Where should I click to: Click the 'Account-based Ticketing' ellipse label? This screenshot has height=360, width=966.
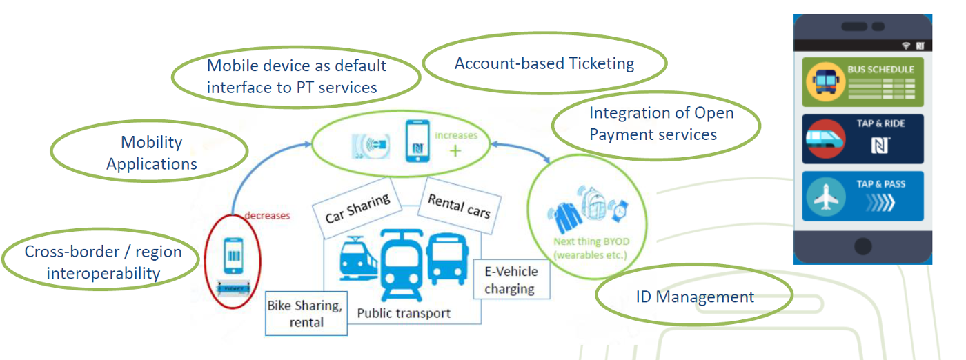click(x=544, y=63)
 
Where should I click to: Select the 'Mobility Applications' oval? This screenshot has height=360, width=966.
click(x=151, y=152)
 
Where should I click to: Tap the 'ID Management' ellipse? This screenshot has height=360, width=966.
click(x=694, y=297)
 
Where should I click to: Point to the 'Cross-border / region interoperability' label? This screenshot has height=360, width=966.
click(x=103, y=262)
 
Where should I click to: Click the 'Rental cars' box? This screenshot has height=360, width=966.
click(x=459, y=206)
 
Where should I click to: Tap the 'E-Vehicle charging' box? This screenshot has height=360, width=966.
click(x=511, y=279)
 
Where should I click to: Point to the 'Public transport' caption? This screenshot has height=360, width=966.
click(x=404, y=313)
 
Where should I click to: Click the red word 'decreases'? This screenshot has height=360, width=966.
click(x=267, y=215)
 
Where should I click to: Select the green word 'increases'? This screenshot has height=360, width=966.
click(x=455, y=135)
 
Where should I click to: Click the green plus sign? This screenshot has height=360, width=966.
click(x=455, y=150)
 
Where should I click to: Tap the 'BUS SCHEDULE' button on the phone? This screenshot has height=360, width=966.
click(x=863, y=81)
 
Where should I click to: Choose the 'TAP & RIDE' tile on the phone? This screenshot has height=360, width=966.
click(x=863, y=139)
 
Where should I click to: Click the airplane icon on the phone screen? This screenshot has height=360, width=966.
click(x=825, y=197)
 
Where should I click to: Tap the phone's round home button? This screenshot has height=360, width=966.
click(x=862, y=245)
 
